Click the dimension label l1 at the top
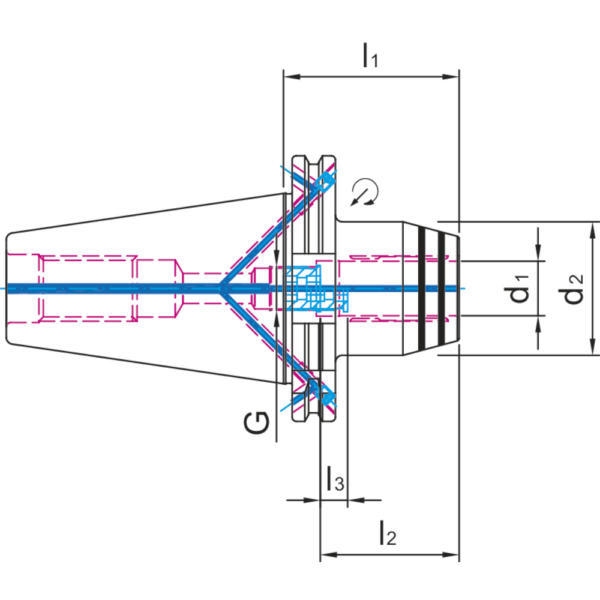click(x=370, y=56)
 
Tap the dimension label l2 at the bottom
click(x=387, y=533)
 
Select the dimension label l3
click(x=335, y=480)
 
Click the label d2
click(x=574, y=287)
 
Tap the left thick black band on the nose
click(x=423, y=287)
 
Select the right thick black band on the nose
click(x=442, y=287)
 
